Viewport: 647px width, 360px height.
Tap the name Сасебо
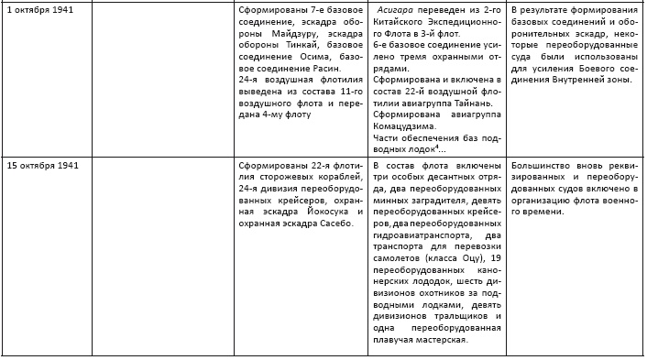[331, 225]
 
